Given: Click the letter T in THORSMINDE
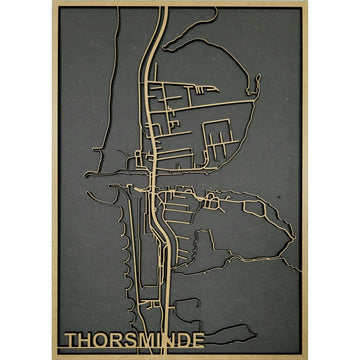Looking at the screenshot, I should (72, 341).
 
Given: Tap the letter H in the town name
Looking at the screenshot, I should (86, 341).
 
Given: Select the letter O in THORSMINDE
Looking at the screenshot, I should (101, 341).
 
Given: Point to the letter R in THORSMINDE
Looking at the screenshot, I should (116, 341).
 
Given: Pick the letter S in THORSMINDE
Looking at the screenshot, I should (130, 341).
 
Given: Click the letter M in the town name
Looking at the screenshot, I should (146, 341).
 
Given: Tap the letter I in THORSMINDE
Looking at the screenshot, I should (158, 341).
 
